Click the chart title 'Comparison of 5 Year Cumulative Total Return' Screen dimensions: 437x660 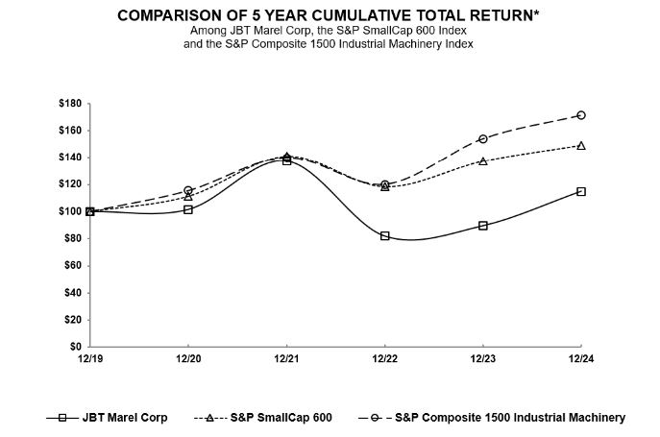click(x=329, y=16)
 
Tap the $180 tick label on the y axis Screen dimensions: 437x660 click(x=70, y=103)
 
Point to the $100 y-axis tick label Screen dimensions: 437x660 click(x=70, y=211)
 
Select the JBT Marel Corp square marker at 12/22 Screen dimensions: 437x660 click(x=384, y=235)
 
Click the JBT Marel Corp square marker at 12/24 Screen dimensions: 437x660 click(x=581, y=191)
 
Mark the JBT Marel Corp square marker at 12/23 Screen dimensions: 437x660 click(x=482, y=225)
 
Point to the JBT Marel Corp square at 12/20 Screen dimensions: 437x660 click(x=188, y=209)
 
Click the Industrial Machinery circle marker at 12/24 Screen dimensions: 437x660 click(x=581, y=115)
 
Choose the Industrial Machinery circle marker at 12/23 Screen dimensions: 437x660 click(x=482, y=138)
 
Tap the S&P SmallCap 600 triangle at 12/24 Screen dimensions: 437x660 click(x=581, y=145)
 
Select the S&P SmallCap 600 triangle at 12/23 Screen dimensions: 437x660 click(x=482, y=160)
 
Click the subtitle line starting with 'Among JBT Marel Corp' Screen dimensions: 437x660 click(x=329, y=32)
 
